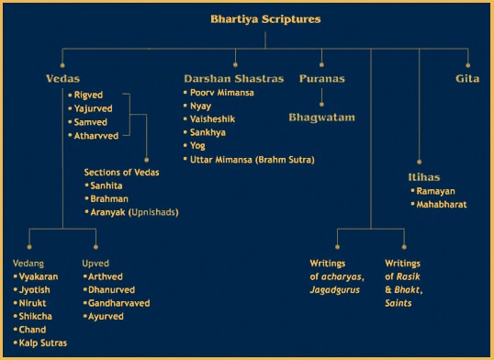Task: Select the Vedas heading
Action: (x=63, y=79)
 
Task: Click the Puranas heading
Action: (x=321, y=79)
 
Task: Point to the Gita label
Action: (x=467, y=79)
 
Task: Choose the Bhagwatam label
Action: (x=321, y=118)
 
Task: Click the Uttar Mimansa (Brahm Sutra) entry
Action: (x=252, y=160)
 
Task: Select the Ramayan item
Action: (x=435, y=190)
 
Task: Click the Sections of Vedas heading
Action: (x=121, y=172)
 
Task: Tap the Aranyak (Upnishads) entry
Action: (x=133, y=212)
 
